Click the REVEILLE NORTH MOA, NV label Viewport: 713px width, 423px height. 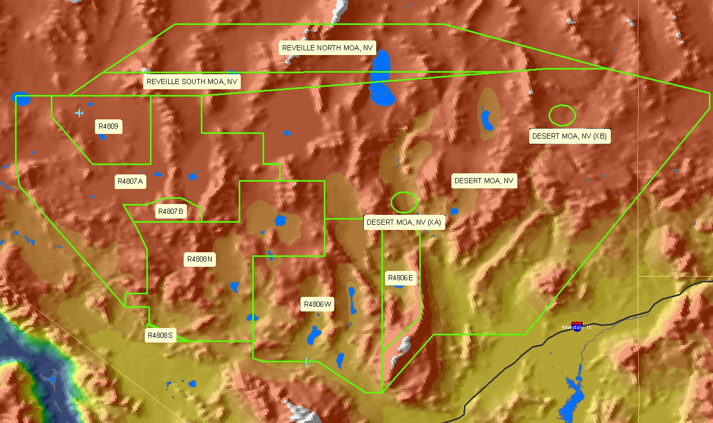[327, 48]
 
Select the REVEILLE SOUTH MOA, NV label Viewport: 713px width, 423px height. [192, 82]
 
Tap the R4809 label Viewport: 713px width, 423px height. [108, 126]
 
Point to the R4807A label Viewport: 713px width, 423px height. [130, 182]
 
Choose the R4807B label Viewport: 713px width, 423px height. [170, 212]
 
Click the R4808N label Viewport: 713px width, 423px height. [200, 259]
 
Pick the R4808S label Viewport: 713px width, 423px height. [160, 336]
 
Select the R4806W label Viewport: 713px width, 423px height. [318, 304]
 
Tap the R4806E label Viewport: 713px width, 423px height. [401, 278]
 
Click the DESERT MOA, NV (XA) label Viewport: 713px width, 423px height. [404, 222]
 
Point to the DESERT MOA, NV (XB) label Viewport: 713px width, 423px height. [569, 137]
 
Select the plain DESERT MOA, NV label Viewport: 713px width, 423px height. [484, 181]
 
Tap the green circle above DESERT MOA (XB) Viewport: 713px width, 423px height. [562, 115]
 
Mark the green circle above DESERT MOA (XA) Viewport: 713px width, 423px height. [404, 202]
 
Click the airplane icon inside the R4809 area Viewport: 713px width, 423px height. [79, 112]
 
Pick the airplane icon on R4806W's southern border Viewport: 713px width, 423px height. [308, 361]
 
